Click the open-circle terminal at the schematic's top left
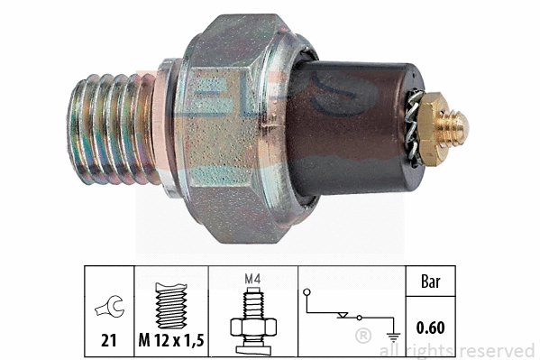307,291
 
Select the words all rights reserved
457,350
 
